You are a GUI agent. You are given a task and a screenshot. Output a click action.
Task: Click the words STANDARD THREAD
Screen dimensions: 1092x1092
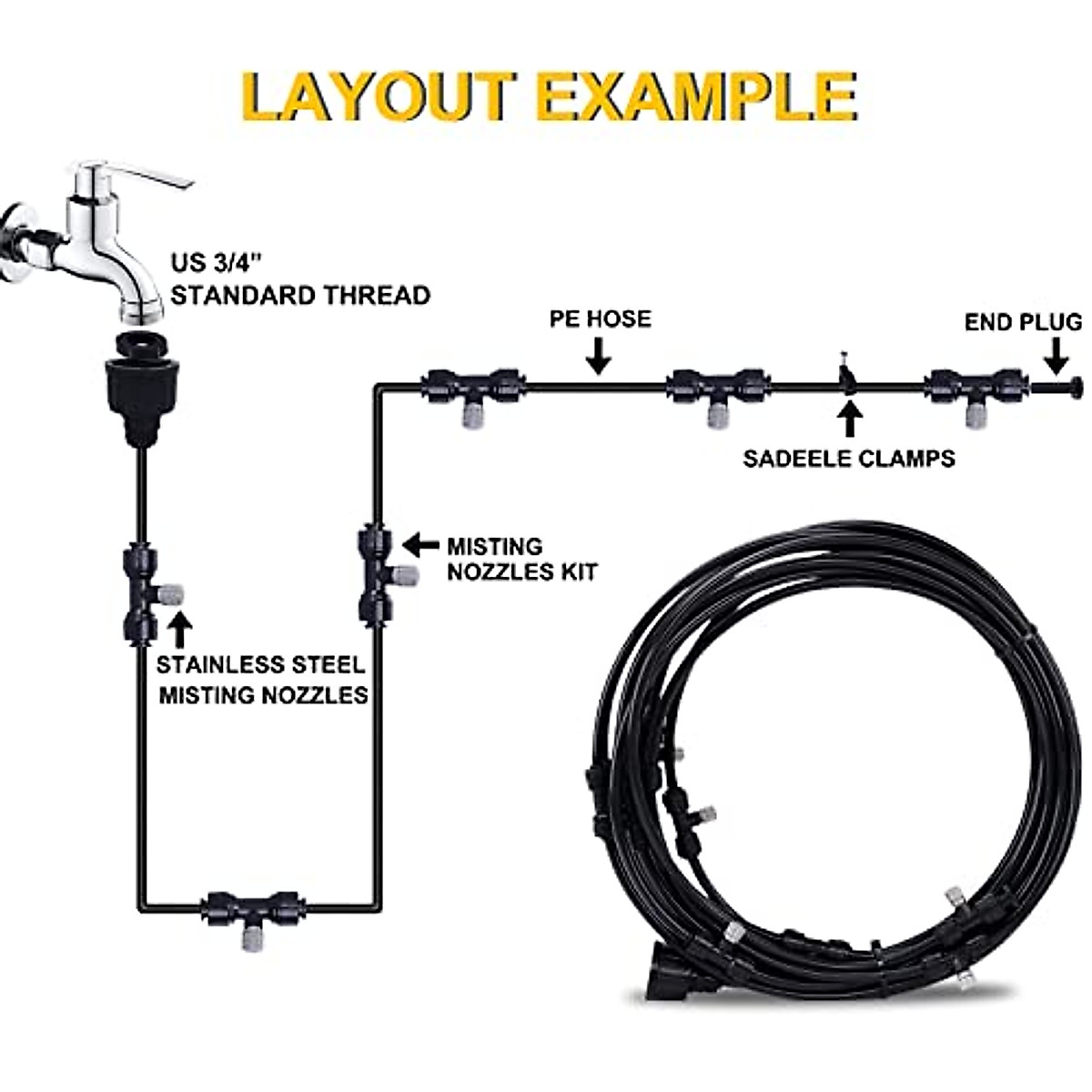[x=300, y=295]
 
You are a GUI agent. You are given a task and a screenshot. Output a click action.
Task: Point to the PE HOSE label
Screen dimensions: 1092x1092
[x=600, y=319]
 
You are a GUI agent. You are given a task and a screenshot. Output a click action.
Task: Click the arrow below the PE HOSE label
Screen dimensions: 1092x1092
[x=598, y=356]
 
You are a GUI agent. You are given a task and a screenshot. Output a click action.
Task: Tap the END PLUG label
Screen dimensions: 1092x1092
[x=1024, y=322]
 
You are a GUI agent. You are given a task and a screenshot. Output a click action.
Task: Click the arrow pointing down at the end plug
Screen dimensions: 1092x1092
[x=1055, y=356]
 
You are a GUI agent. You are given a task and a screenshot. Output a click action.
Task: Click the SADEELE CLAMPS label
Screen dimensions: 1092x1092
[x=849, y=458]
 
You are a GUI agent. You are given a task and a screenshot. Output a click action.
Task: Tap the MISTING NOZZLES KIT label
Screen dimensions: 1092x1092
[x=521, y=559]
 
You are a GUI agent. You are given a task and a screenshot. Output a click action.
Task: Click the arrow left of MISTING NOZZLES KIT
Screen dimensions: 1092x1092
[x=420, y=545]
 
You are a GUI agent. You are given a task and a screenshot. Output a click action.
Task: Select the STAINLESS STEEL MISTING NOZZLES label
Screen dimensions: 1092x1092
[x=262, y=680]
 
